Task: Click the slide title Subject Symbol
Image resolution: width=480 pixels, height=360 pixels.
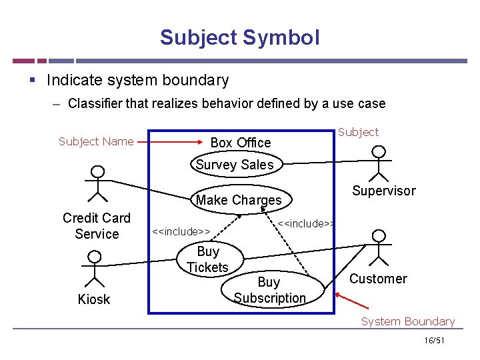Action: coord(239,37)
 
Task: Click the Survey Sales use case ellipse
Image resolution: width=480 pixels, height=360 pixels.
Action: coord(235,165)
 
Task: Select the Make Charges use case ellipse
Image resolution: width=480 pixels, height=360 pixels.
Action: coord(239,200)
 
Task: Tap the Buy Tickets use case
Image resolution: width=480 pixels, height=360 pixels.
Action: coord(207,259)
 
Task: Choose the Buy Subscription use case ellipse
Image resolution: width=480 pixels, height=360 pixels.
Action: coord(270,290)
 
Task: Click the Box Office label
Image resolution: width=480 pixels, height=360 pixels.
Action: coord(241,143)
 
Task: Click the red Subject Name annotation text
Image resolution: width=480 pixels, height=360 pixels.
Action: coord(96,141)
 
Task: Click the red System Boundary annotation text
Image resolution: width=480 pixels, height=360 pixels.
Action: coord(407,321)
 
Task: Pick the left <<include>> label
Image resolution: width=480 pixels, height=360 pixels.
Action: coord(181,231)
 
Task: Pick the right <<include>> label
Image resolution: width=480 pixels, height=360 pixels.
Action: coord(306,223)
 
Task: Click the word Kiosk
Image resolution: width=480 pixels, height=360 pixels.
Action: coord(94,299)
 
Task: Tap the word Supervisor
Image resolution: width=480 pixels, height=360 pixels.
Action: coord(383,191)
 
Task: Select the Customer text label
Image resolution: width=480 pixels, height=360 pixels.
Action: coord(378,279)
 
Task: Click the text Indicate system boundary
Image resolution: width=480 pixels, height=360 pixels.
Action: coord(137,81)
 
